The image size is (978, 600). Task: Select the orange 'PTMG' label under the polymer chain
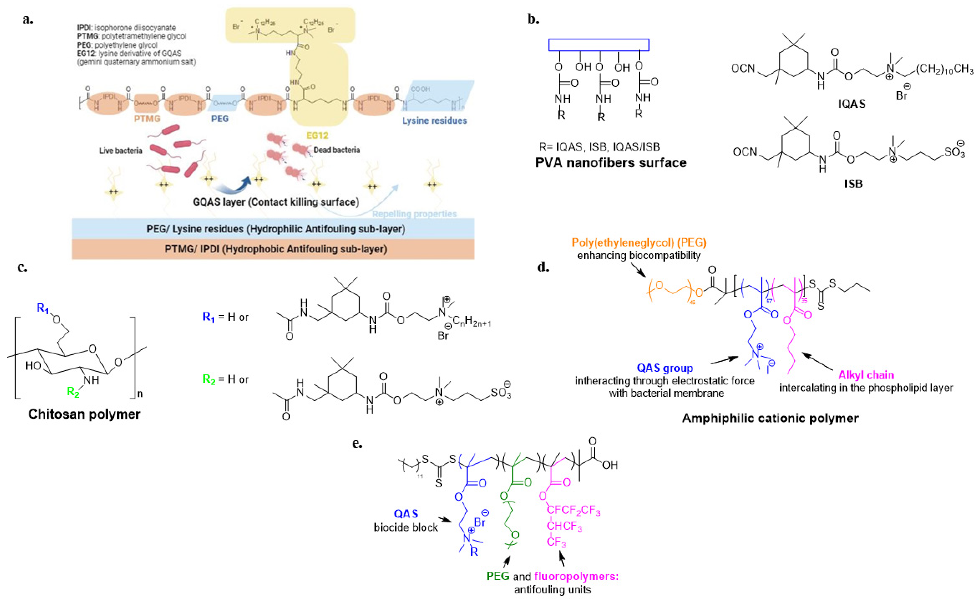(x=147, y=119)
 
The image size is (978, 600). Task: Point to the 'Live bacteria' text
(x=121, y=151)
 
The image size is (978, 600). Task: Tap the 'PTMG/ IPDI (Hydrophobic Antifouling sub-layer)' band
(x=276, y=249)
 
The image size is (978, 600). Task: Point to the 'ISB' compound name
(x=853, y=184)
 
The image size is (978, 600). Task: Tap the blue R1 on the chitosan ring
(x=42, y=308)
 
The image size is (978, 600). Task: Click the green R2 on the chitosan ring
(x=73, y=392)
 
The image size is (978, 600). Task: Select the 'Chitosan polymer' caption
(x=84, y=414)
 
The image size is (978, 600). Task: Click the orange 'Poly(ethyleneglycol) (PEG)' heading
(x=639, y=243)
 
